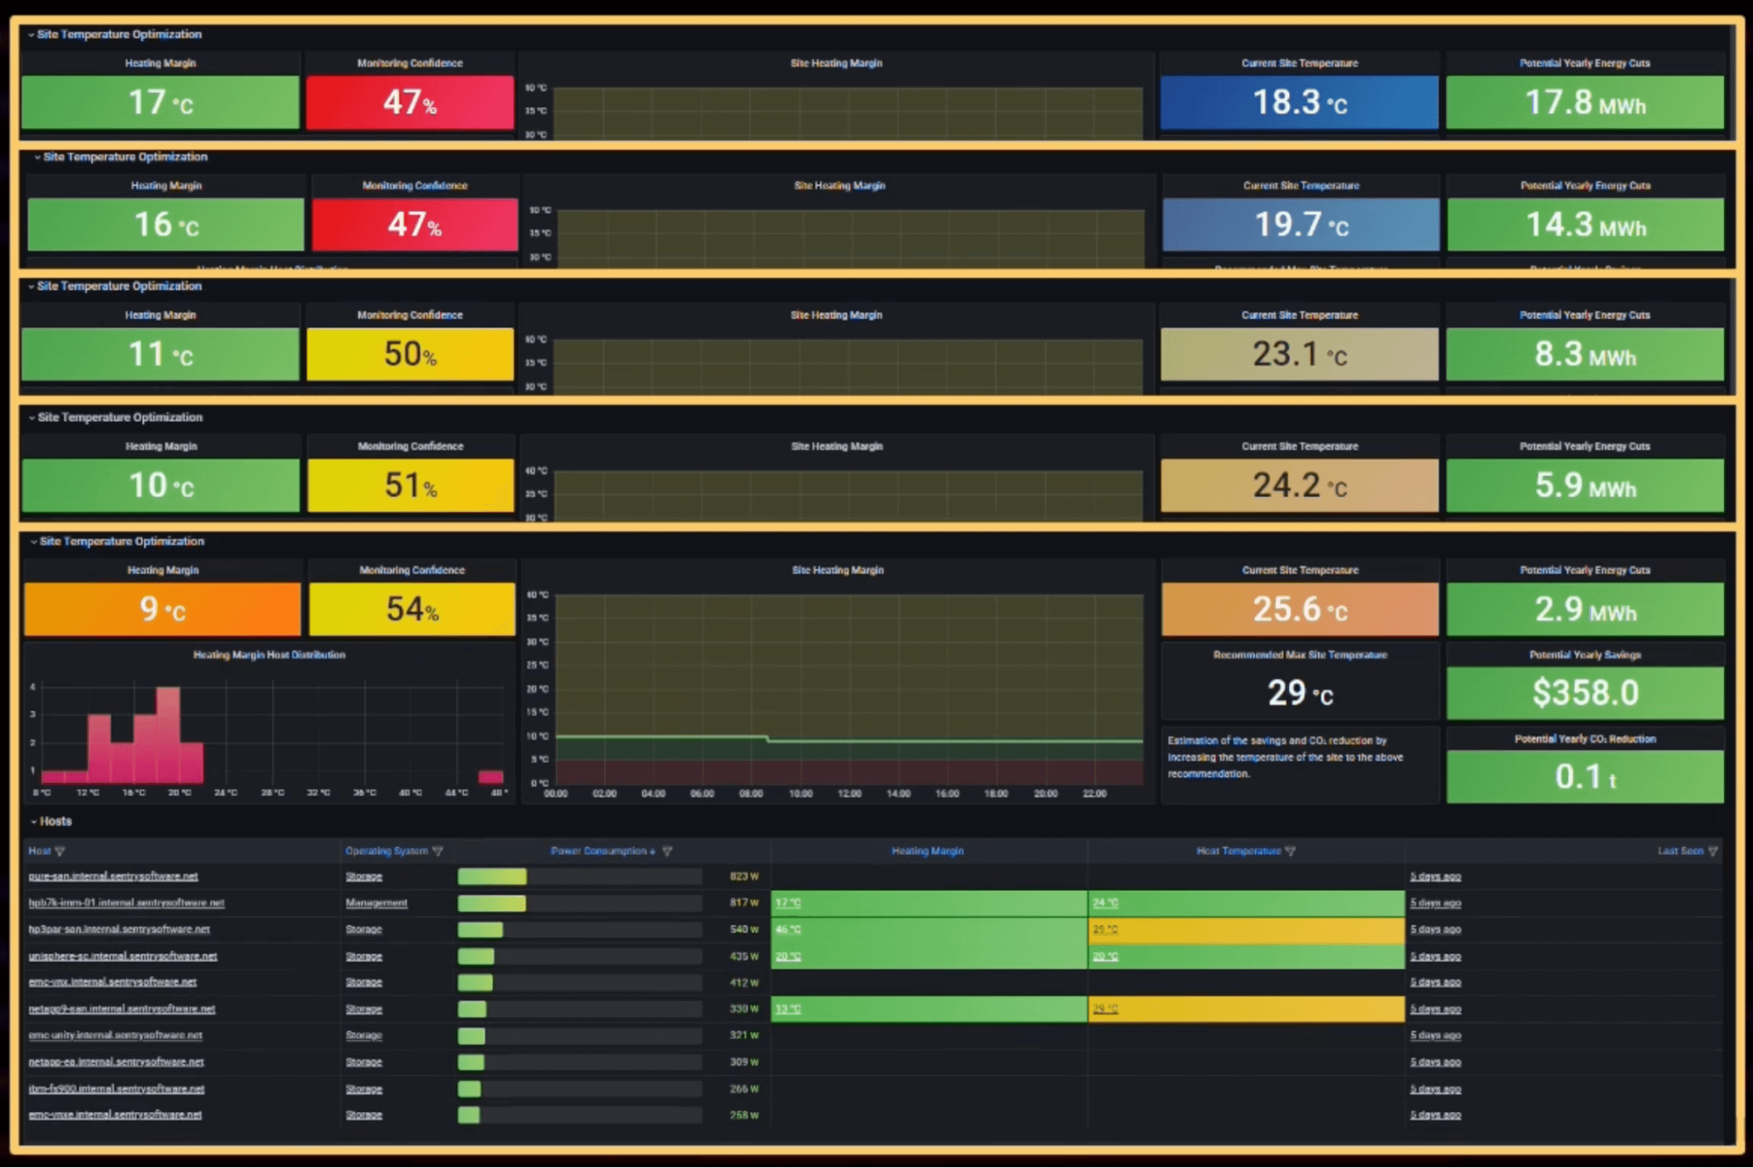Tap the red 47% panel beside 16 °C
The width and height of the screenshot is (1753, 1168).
(414, 224)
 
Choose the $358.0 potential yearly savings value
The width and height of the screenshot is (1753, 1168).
(1585, 693)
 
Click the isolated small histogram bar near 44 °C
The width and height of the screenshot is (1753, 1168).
(490, 777)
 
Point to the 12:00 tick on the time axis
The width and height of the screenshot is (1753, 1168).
(849, 794)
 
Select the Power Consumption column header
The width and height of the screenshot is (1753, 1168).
(602, 851)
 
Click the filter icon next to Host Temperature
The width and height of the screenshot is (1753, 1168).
(1290, 851)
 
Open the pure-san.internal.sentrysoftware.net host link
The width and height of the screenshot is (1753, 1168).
(113, 876)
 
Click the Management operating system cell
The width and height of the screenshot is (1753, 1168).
(376, 902)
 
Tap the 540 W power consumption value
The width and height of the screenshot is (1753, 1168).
(744, 929)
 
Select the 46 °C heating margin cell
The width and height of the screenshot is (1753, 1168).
(787, 929)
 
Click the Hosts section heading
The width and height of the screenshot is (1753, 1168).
(55, 822)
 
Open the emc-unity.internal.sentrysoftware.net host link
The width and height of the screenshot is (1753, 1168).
(115, 1036)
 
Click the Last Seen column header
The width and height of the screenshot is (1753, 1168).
(1679, 851)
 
